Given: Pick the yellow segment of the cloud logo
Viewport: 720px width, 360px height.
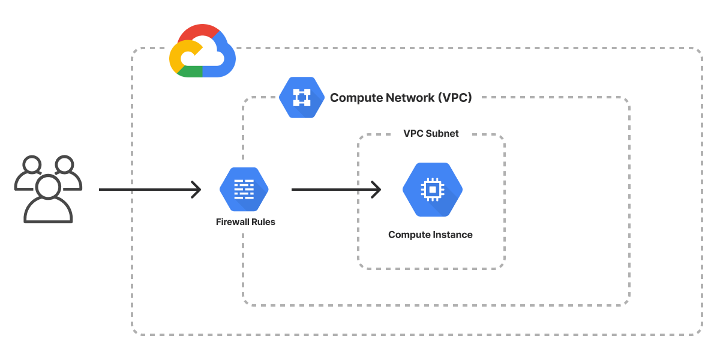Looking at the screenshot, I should (178, 55).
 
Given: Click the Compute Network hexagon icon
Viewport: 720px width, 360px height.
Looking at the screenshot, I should (298, 97).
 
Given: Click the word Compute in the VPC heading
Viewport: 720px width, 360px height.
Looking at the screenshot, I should (355, 98).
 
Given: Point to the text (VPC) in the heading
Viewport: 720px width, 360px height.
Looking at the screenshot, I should (454, 98).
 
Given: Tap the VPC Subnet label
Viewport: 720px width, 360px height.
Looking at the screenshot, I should (431, 134).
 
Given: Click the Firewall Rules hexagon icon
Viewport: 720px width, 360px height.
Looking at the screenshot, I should (244, 189).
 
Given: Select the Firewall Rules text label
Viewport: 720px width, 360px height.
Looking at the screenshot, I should (245, 222).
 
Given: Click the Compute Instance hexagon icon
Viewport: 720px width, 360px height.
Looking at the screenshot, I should (432, 190).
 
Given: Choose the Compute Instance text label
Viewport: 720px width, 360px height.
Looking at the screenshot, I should (430, 235).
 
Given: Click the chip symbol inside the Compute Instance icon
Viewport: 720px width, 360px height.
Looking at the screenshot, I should (432, 190).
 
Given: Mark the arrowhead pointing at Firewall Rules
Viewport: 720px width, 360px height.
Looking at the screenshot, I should (196, 190).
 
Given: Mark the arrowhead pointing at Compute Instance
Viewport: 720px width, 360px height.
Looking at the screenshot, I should (376, 190).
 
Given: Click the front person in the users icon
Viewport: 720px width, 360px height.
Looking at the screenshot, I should (48, 201).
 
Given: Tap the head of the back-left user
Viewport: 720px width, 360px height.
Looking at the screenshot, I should (31, 164).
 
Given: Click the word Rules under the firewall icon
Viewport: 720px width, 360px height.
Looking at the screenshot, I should (263, 222).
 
